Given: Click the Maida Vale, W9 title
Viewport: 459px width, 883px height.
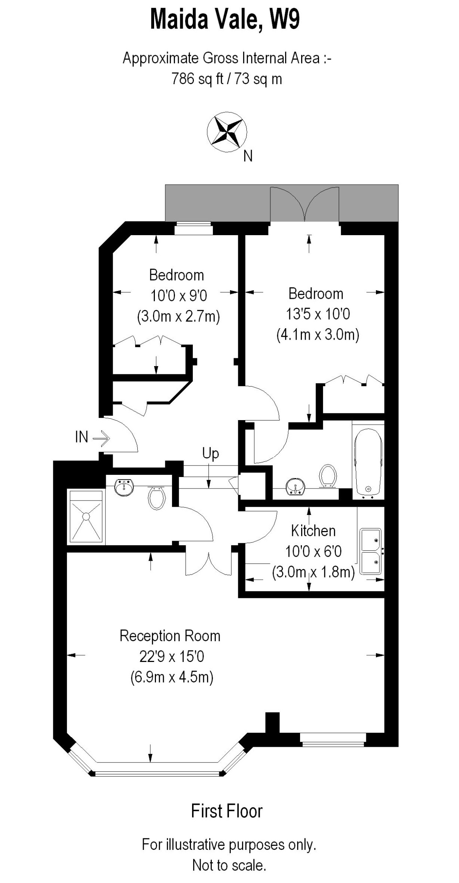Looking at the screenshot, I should click(x=224, y=20).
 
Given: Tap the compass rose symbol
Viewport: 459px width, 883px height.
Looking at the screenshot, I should click(x=227, y=132).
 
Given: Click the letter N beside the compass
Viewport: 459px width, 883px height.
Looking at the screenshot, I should click(x=248, y=156).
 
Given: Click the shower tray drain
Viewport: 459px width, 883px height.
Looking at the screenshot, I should click(x=86, y=516).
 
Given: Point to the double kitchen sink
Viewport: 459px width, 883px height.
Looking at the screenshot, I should click(x=370, y=551).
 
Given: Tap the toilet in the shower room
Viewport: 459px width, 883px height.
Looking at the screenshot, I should click(x=157, y=498).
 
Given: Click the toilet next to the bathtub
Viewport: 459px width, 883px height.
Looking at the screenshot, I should click(x=328, y=476).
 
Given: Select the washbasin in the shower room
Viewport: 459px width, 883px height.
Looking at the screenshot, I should click(x=124, y=487).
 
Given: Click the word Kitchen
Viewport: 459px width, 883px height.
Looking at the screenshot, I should click(x=313, y=531).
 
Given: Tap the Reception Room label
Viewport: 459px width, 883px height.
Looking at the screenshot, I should click(x=170, y=636).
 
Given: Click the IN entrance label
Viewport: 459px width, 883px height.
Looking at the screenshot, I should click(x=82, y=437).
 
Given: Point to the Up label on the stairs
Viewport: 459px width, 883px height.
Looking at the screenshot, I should click(x=210, y=453).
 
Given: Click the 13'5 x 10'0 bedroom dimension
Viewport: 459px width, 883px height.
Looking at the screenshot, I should click(x=318, y=314).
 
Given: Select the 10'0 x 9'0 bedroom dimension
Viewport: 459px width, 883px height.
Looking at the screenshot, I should click(x=178, y=296).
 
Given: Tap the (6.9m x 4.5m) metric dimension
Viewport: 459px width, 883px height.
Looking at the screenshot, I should click(x=172, y=677).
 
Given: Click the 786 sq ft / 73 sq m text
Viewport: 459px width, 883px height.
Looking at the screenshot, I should click(x=226, y=79).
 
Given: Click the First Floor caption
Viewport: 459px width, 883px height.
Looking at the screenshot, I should click(x=227, y=811).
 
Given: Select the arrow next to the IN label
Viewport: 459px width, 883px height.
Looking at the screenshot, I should click(x=101, y=438).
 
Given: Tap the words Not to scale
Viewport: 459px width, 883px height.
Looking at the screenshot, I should click(x=229, y=866).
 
